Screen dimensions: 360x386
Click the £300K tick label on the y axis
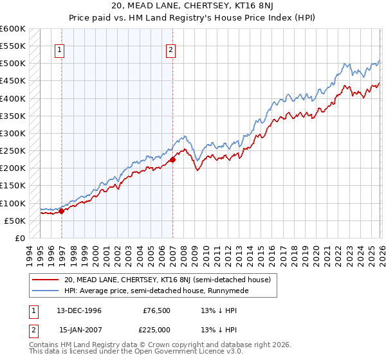[x=13, y=133]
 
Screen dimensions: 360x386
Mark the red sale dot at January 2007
[x=172, y=159]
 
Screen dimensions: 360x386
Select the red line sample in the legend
[x=46, y=280]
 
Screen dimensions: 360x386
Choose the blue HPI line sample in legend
[x=46, y=291]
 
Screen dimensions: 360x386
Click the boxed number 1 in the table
[x=33, y=310]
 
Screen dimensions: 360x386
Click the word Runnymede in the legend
[x=227, y=291]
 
